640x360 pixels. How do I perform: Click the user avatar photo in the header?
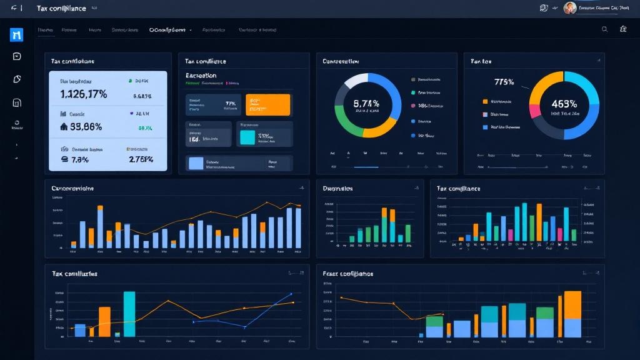[x=569, y=8]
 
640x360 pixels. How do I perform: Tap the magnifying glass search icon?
[x=604, y=29]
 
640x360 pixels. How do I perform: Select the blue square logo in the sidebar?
[x=16, y=35]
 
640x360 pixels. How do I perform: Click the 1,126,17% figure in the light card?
[x=84, y=94]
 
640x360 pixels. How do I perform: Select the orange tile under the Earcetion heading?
[x=268, y=105]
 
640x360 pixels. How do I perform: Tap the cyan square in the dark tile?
[x=247, y=137]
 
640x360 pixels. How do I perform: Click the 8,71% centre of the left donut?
[x=366, y=104]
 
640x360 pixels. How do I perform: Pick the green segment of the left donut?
[x=342, y=118]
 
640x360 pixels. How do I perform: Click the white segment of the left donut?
[x=356, y=80]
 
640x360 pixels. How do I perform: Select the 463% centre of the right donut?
[x=564, y=104]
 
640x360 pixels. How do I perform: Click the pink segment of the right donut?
[x=535, y=110]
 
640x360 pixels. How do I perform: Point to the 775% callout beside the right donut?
[x=503, y=82]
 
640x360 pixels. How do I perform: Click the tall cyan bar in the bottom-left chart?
[x=129, y=314]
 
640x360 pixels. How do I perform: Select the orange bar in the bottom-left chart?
[x=104, y=321]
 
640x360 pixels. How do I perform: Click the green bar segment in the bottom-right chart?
[x=545, y=312]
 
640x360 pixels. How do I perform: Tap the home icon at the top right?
[x=623, y=29]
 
